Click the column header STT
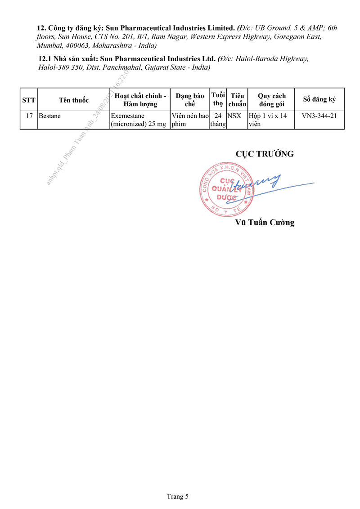pyautogui.click(x=29, y=100)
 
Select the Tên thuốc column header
pyautogui.click(x=74, y=100)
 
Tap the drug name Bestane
pyautogui.click(x=49, y=116)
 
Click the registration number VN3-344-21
pyautogui.click(x=319, y=116)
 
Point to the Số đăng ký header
pyautogui.click(x=319, y=99)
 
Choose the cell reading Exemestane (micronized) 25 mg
pyautogui.click(x=139, y=120)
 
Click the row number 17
pyautogui.click(x=29, y=116)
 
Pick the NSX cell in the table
pyautogui.click(x=234, y=116)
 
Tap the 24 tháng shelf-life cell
pyautogui.click(x=218, y=120)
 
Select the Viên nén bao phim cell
pyautogui.click(x=190, y=120)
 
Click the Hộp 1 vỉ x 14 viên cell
pyautogui.click(x=268, y=120)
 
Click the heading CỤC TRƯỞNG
pyautogui.click(x=265, y=154)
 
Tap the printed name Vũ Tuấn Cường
pyautogui.click(x=265, y=223)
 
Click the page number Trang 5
pyautogui.click(x=177, y=496)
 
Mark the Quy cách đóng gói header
pyautogui.click(x=272, y=100)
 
